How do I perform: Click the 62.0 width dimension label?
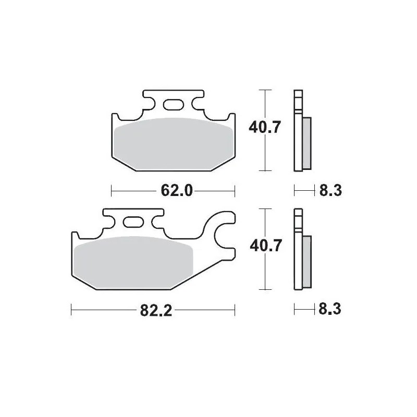click(174, 191)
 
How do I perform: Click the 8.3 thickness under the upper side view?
click(330, 191)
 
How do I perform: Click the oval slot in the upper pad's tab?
click(173, 105)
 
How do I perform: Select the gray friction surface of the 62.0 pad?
click(173, 143)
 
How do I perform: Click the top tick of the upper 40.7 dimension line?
click(266, 90)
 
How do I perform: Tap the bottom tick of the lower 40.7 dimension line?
click(266, 289)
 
